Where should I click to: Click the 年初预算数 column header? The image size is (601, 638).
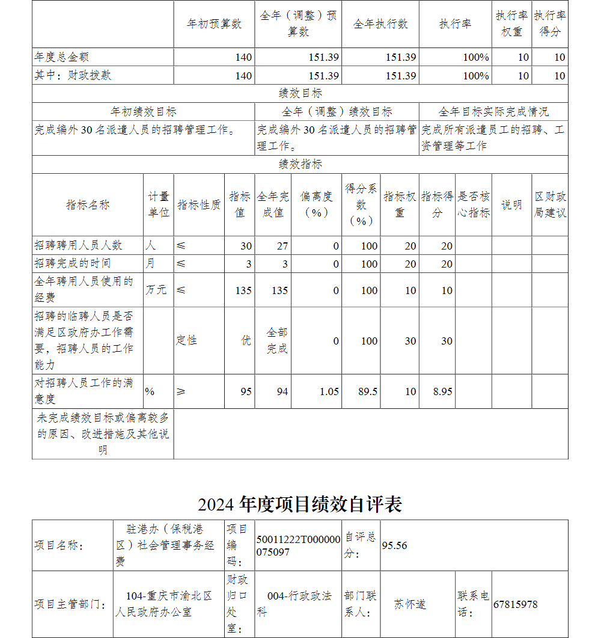[x=214, y=24]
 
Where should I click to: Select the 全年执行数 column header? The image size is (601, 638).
[x=380, y=24]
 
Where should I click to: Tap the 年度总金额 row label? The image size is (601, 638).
[x=62, y=57]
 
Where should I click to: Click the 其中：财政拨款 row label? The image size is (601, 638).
[x=73, y=76]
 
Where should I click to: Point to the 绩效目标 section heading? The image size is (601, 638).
[x=300, y=93]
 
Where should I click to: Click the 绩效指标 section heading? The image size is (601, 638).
[x=300, y=164]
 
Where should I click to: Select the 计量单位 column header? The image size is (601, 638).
[x=159, y=204]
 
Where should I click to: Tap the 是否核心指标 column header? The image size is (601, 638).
[x=474, y=204]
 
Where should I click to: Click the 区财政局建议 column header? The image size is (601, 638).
[x=550, y=204]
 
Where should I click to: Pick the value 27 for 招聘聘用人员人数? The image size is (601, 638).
[x=282, y=246]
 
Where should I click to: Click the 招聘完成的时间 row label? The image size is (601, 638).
[x=73, y=263]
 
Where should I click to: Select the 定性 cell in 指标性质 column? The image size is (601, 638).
[x=186, y=340]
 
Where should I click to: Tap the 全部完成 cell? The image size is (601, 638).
[x=277, y=340]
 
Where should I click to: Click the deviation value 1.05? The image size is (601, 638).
[x=329, y=391]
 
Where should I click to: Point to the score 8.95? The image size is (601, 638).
[x=443, y=391]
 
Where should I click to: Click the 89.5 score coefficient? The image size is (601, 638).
[x=368, y=391]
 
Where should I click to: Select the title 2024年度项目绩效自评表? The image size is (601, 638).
[x=300, y=504]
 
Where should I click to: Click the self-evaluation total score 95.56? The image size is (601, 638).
[x=394, y=545]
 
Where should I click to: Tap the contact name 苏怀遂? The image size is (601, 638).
[x=410, y=604]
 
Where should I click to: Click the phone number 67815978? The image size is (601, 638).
[x=515, y=604]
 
